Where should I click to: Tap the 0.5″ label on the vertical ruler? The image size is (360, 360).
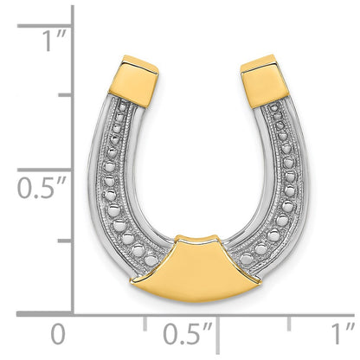tap(42, 188)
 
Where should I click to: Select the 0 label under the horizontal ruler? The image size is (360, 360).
tap(58, 334)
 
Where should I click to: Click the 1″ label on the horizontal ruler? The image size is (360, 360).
tap(343, 334)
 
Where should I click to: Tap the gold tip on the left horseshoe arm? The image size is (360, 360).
tap(134, 80)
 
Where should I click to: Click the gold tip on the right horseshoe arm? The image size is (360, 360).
tap(265, 80)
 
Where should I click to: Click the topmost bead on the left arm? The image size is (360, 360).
tap(123, 107)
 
